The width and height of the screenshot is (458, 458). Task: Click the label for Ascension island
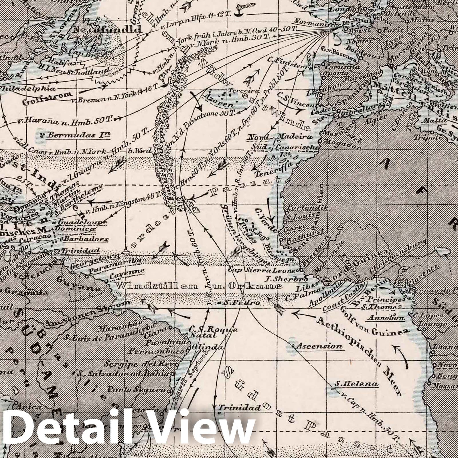coord(319,346)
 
